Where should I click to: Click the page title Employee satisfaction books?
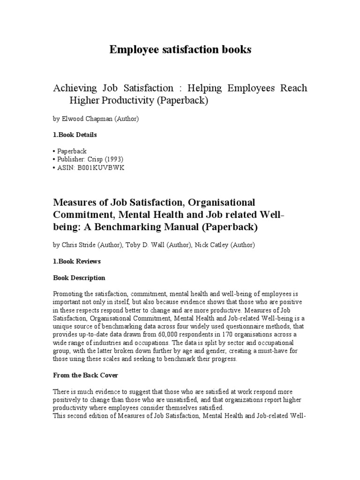[180, 50]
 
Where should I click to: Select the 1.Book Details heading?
[75, 135]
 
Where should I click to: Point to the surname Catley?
[225, 245]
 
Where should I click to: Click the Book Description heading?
[79, 278]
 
